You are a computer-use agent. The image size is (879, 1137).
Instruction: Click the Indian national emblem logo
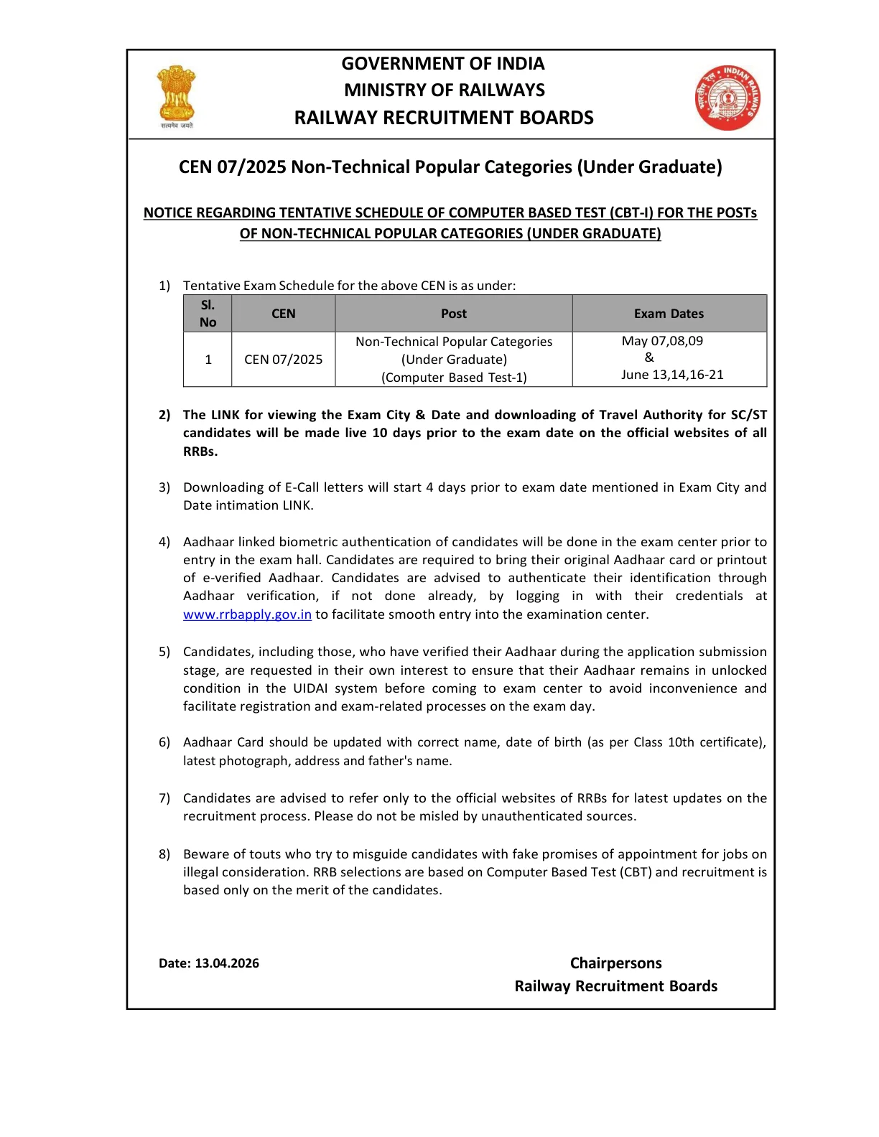point(177,95)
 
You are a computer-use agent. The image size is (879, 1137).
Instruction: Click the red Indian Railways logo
point(727,98)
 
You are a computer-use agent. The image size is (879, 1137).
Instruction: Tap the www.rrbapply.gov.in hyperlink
point(247,614)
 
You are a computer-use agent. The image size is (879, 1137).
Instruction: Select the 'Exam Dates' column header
point(669,314)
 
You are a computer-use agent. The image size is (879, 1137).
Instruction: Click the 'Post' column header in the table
point(453,314)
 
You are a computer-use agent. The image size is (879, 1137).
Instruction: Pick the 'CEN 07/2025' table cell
point(283,360)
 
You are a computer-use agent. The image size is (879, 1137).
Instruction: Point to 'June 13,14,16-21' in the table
point(672,375)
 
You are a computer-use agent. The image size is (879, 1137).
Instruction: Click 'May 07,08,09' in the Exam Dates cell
point(662,341)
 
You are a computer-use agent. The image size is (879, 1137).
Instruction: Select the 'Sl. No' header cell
point(208,314)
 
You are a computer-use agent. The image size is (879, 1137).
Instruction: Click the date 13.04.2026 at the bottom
point(227,963)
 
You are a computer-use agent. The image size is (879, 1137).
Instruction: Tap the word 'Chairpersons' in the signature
point(615,963)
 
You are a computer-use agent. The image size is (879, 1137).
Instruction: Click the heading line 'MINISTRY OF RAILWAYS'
point(444,90)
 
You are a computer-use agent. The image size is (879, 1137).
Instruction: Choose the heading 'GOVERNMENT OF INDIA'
point(442,64)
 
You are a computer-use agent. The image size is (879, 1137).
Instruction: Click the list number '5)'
point(164,652)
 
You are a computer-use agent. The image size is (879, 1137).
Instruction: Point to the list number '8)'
point(164,854)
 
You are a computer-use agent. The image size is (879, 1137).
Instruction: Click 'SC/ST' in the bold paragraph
point(748,415)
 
